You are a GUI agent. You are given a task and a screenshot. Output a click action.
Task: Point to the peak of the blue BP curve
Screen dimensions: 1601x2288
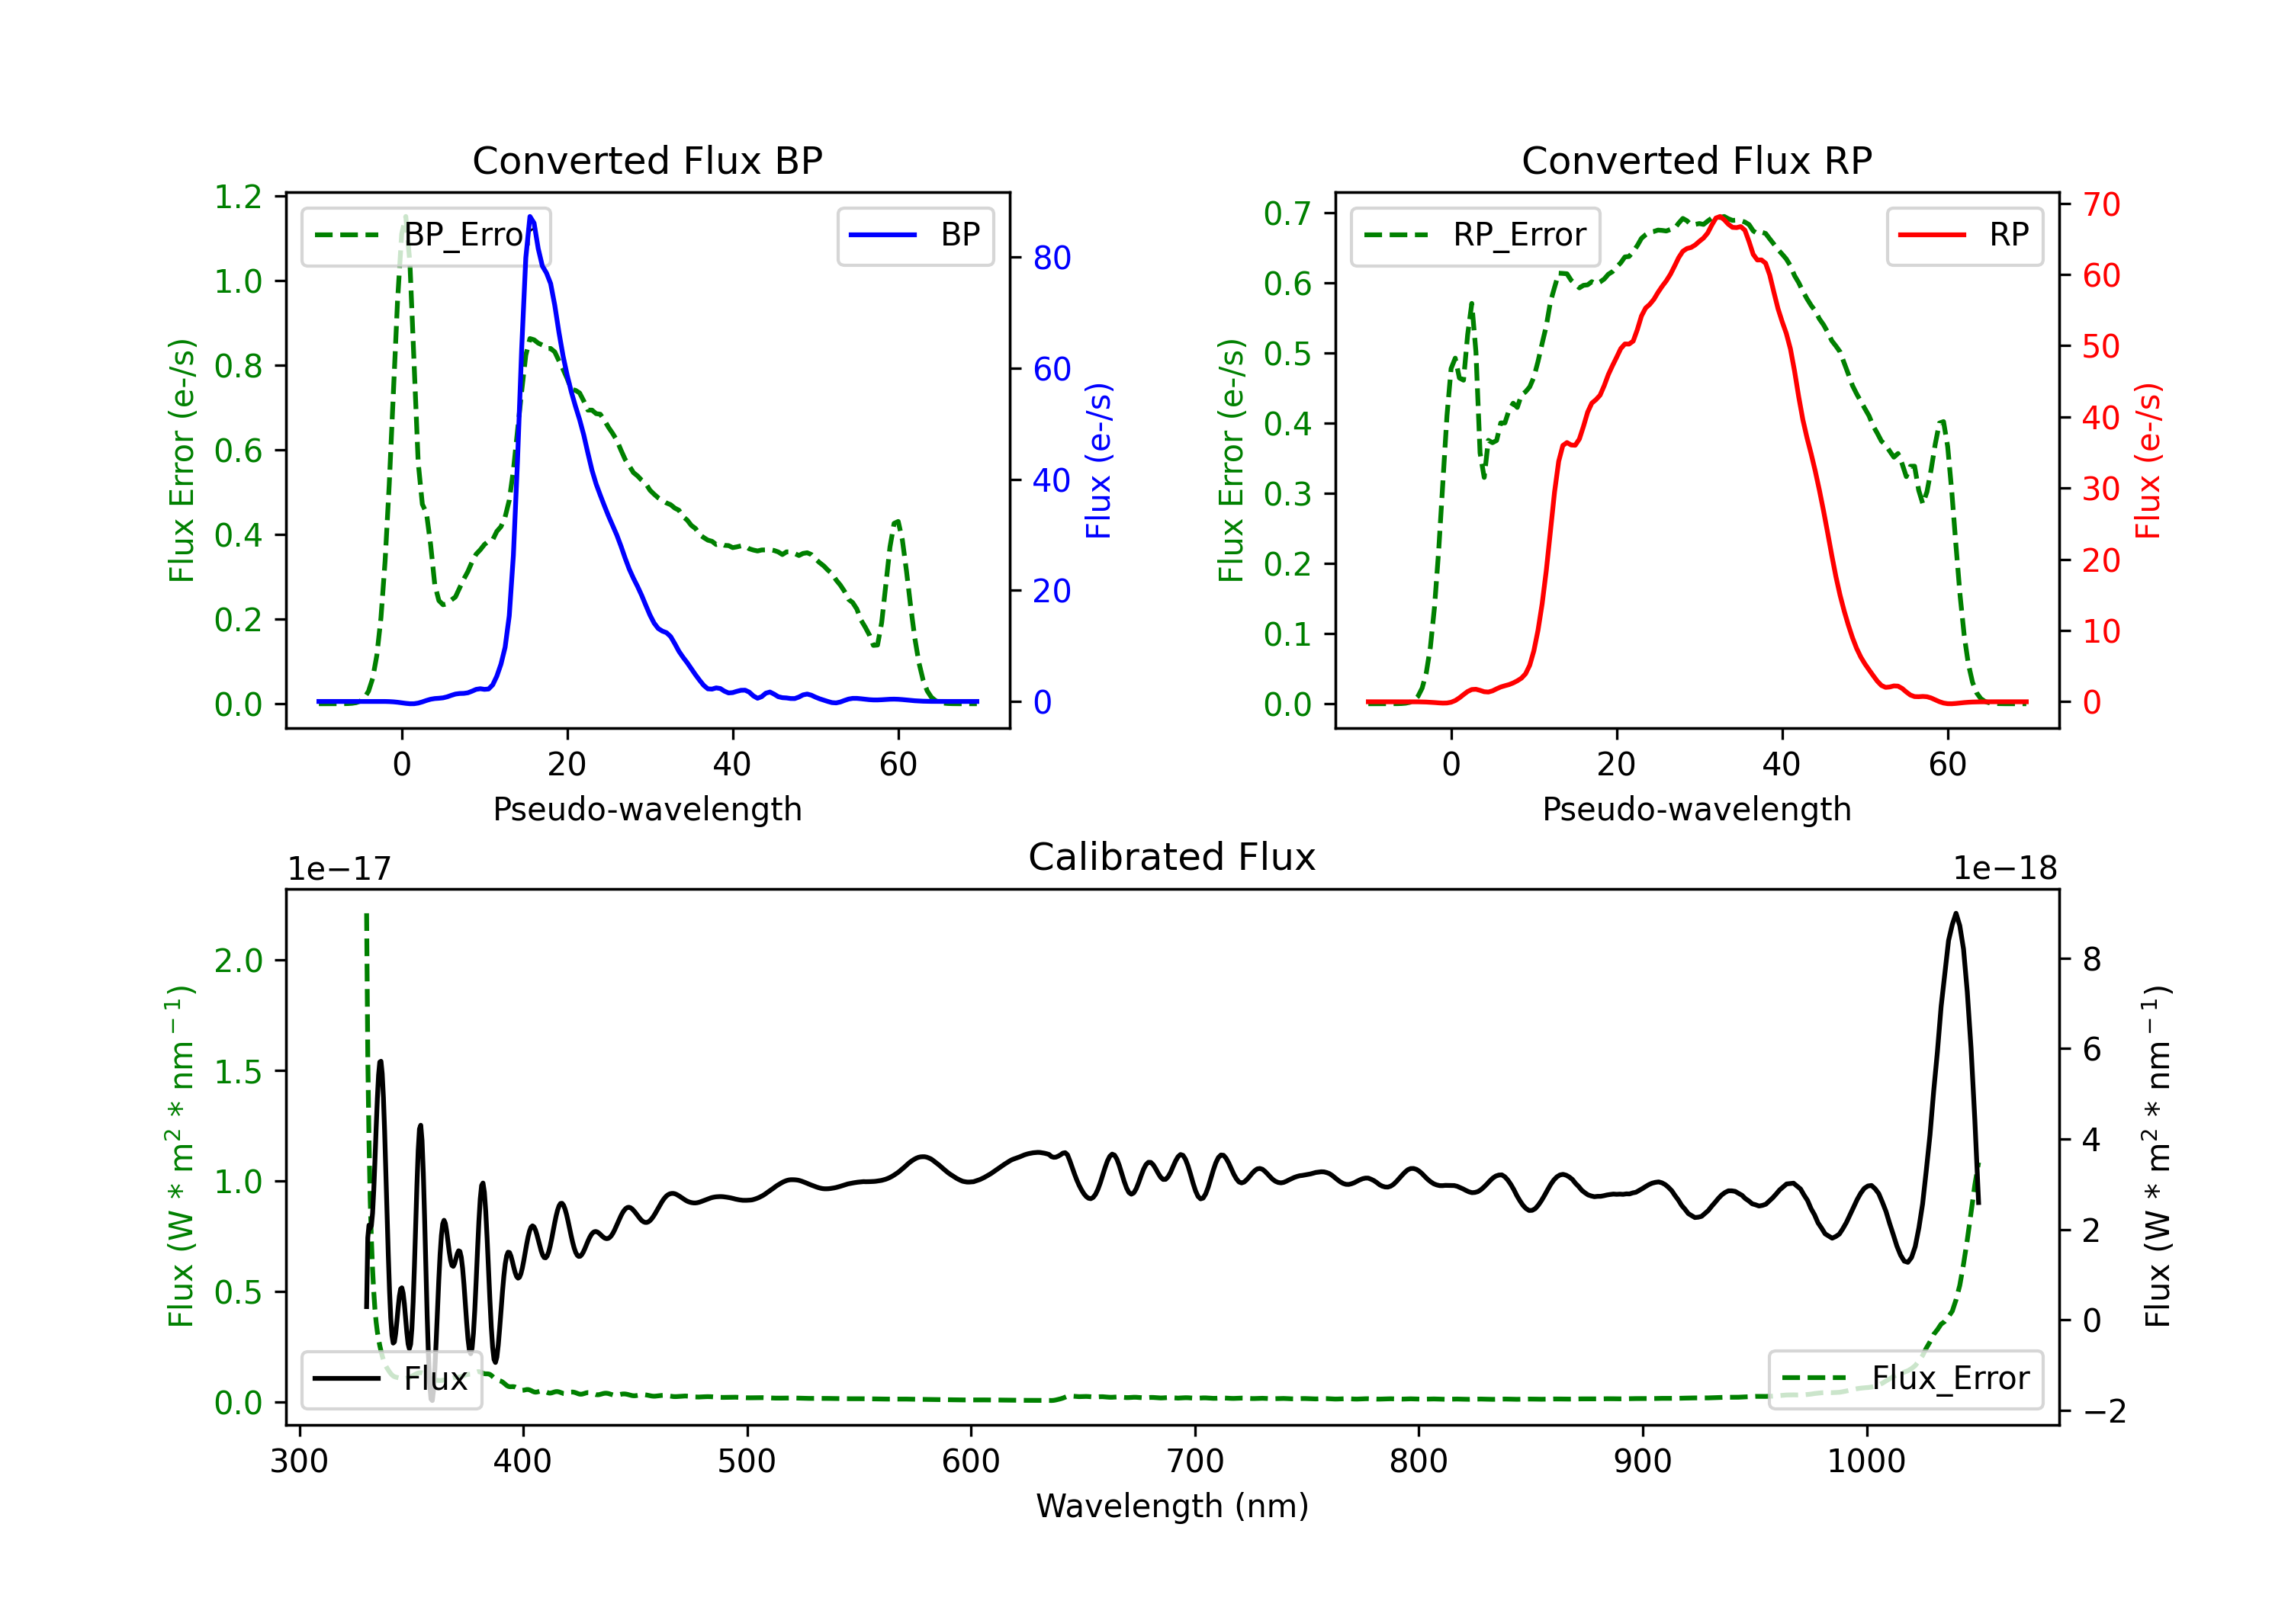tap(530, 217)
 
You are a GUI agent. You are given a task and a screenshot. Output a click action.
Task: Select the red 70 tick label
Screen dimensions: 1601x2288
tap(2100, 205)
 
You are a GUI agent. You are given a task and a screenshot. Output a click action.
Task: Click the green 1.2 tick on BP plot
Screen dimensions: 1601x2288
tap(238, 197)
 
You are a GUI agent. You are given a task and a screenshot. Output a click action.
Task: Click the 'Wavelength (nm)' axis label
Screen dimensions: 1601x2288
tap(1172, 1506)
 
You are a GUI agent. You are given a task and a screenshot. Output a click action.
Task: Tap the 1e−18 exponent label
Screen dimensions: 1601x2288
tap(2004, 870)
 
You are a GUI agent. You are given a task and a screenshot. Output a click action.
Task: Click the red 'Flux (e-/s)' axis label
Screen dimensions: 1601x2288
tap(2148, 461)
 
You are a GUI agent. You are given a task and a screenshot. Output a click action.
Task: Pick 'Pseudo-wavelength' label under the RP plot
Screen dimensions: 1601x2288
tap(1696, 810)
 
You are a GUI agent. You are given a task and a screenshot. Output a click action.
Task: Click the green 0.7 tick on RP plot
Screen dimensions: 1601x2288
tap(1287, 213)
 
